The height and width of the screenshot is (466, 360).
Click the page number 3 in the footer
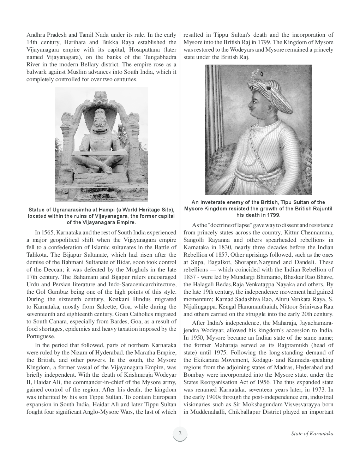pyautogui.click(x=180, y=433)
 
